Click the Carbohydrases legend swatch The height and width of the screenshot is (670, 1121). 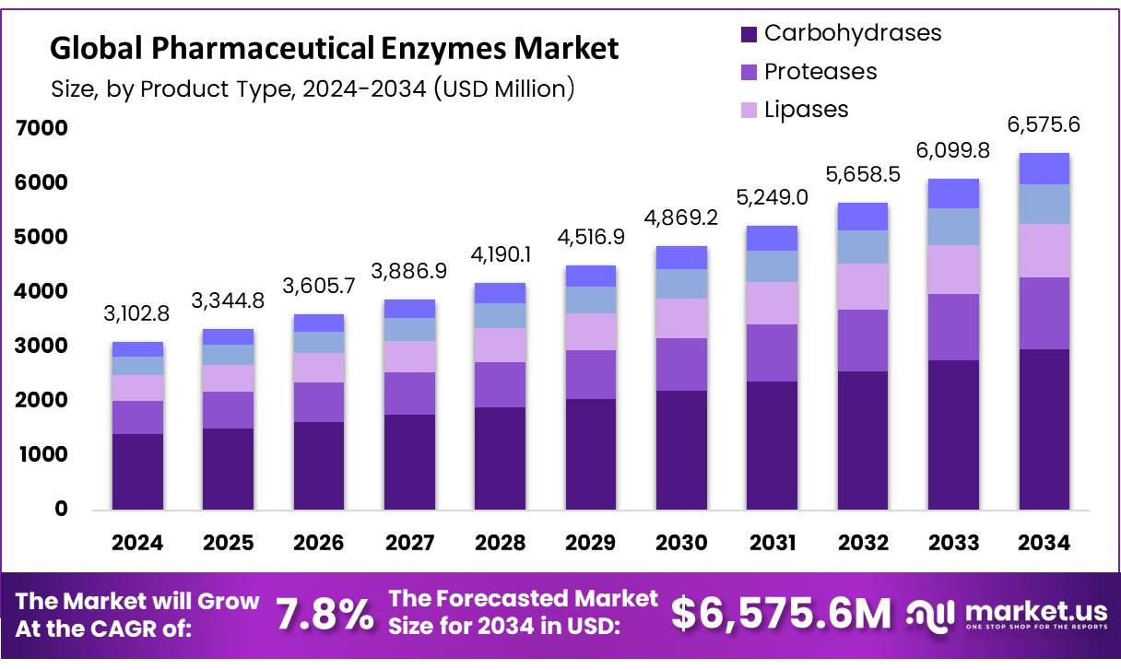point(749,35)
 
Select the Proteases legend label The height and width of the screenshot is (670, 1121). point(820,71)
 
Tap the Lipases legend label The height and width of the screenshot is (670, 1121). point(806,109)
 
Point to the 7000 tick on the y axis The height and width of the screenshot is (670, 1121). point(41,128)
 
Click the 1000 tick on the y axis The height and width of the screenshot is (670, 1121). point(41,454)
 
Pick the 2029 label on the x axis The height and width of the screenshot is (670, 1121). point(591,543)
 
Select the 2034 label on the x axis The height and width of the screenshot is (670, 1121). point(1044,543)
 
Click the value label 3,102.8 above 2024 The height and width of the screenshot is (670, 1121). point(136,313)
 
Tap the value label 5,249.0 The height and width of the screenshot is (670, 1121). point(772,196)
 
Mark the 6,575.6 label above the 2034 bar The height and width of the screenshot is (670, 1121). point(1044,124)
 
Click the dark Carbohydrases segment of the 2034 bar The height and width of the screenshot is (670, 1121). point(1044,429)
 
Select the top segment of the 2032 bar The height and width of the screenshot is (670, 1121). point(863,216)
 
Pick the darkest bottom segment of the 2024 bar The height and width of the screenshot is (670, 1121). point(136,471)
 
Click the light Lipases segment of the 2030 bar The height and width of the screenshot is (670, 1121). point(681,318)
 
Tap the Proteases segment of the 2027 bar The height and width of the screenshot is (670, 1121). point(409,394)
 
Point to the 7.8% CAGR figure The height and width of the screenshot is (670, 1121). point(325,613)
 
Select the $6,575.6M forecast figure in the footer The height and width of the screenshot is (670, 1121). point(781,613)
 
